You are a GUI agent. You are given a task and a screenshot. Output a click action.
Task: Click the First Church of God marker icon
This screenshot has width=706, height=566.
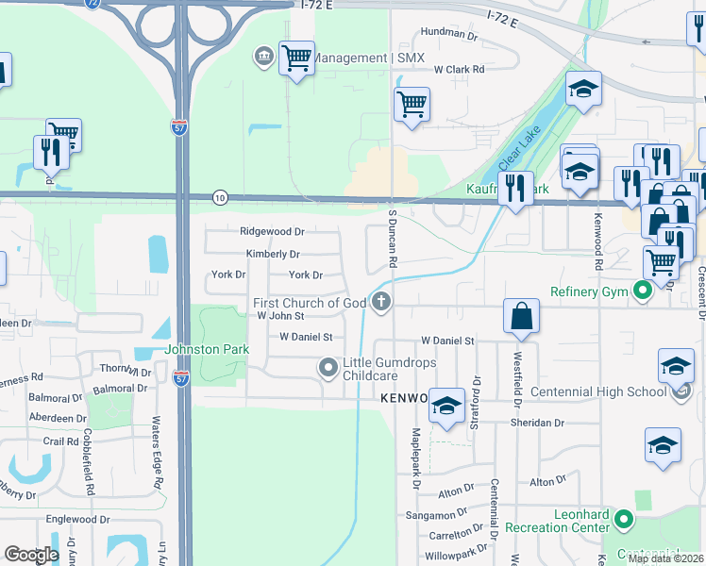click(382, 303)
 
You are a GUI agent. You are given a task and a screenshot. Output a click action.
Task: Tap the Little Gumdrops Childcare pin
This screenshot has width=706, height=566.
click(328, 368)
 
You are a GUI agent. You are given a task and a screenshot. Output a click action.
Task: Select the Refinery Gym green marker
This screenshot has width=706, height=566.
click(643, 291)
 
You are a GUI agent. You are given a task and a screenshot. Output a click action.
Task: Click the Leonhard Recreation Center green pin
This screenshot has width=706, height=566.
click(623, 519)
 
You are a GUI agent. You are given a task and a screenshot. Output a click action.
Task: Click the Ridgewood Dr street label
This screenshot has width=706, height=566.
click(272, 231)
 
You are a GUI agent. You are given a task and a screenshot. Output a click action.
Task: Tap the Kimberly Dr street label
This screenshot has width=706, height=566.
click(273, 254)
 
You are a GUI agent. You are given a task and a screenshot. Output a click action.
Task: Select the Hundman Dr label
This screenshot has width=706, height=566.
click(449, 35)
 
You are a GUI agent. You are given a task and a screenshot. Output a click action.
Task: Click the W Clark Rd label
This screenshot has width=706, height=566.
click(459, 70)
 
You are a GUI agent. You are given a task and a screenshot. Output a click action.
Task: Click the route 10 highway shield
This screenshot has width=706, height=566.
click(220, 197)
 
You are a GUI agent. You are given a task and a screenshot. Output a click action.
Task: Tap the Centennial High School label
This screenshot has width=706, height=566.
click(599, 391)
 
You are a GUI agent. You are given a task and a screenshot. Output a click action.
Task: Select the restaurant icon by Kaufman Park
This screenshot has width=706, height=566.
click(515, 188)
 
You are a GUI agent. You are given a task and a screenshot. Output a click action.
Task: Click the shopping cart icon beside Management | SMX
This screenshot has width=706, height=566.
click(297, 58)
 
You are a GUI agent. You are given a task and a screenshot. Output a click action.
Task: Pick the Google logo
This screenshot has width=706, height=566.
click(31, 555)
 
